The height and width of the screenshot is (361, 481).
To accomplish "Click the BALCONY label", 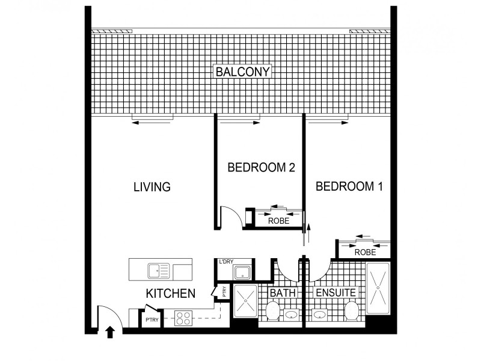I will coord(244,72).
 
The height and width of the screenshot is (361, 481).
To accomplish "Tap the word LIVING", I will coord(152,187).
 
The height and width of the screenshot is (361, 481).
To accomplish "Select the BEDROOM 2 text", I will coord(261,168).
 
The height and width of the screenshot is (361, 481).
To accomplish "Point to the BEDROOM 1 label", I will coord(349,187).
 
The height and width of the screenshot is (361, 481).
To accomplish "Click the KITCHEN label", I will coord(171,294).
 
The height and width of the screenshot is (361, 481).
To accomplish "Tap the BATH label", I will coord(282,293).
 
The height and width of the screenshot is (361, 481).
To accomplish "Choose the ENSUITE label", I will coord(336,293).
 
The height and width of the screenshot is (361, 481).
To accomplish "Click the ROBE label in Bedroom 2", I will coord(278,221).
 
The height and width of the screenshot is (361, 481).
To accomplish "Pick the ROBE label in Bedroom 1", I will coord(365,253).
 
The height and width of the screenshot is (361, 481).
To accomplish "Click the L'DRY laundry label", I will coord(226,262).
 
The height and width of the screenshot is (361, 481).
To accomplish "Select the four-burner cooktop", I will coord(183,318).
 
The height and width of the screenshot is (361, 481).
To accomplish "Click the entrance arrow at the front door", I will coord(110,331).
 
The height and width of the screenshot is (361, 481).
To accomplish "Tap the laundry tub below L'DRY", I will coord(242,273).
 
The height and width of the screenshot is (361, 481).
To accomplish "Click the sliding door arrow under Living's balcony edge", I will coord(153,123).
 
